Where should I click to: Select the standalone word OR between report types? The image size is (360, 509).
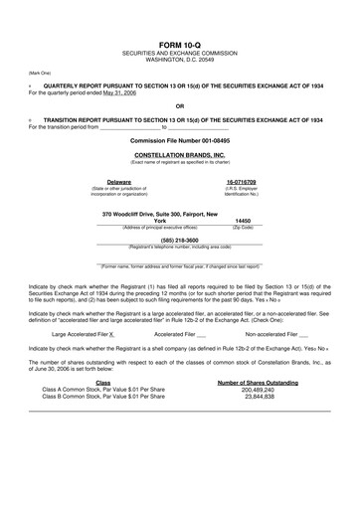coord(179,106)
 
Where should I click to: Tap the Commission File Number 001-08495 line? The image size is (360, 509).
coord(179,141)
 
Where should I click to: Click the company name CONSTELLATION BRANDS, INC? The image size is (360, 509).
coord(179,155)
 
